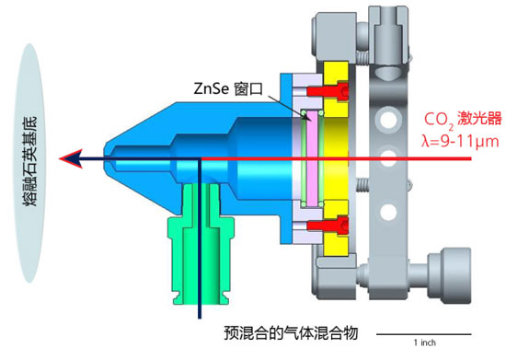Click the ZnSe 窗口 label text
click(228, 89)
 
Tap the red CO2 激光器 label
click(463, 119)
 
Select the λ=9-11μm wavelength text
click(460, 141)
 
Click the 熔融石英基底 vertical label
click(30, 161)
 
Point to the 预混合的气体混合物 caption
click(291, 333)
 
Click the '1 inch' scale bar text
click(425, 343)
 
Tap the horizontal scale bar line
click(424, 334)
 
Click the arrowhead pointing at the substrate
click(70, 158)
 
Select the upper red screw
click(328, 91)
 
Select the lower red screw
click(328, 224)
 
